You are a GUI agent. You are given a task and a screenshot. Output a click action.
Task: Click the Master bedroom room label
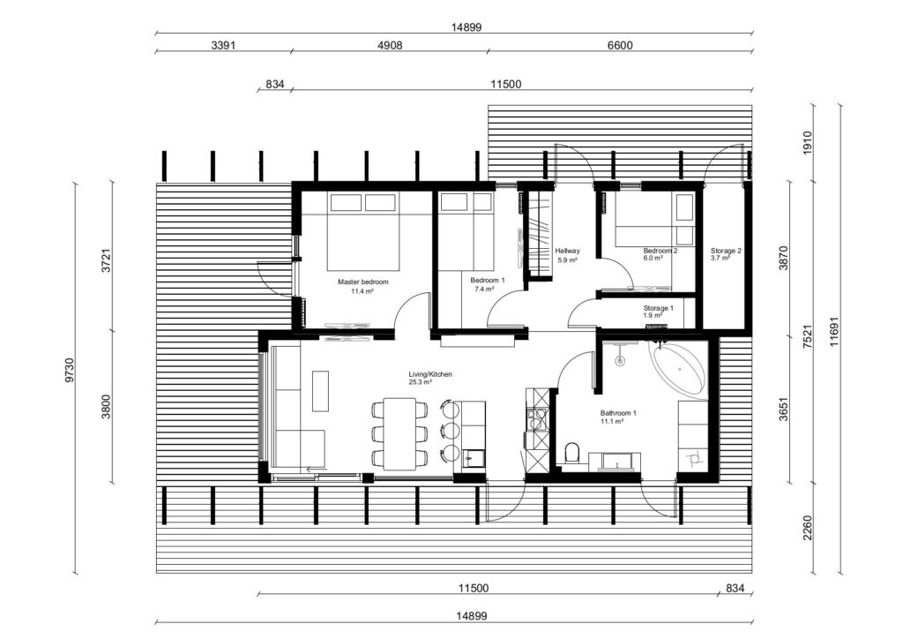[x=362, y=282]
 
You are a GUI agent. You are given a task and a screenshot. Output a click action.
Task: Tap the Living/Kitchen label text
[x=429, y=375]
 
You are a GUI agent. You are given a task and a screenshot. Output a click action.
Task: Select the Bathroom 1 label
[x=618, y=413]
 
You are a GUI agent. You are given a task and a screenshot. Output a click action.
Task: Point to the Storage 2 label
[x=726, y=251]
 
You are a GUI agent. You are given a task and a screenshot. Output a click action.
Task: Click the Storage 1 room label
[x=658, y=308]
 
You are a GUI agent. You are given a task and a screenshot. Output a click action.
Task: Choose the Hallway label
[x=566, y=251]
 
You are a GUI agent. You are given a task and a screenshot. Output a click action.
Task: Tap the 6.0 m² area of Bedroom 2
[x=653, y=259]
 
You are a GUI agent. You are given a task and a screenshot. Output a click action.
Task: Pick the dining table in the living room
[x=400, y=433]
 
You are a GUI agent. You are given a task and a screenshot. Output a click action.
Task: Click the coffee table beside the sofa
[x=320, y=390]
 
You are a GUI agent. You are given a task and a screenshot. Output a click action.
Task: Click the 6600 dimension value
[x=620, y=45]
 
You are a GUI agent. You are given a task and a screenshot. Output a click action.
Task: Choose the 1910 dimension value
[x=807, y=142]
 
